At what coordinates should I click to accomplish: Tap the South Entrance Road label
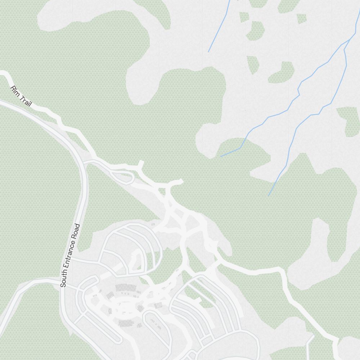point(70,256)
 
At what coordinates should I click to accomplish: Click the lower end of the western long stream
point(221,156)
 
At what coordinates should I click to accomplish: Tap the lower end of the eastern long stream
point(269,195)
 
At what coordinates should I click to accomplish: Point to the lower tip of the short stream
point(208,51)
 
